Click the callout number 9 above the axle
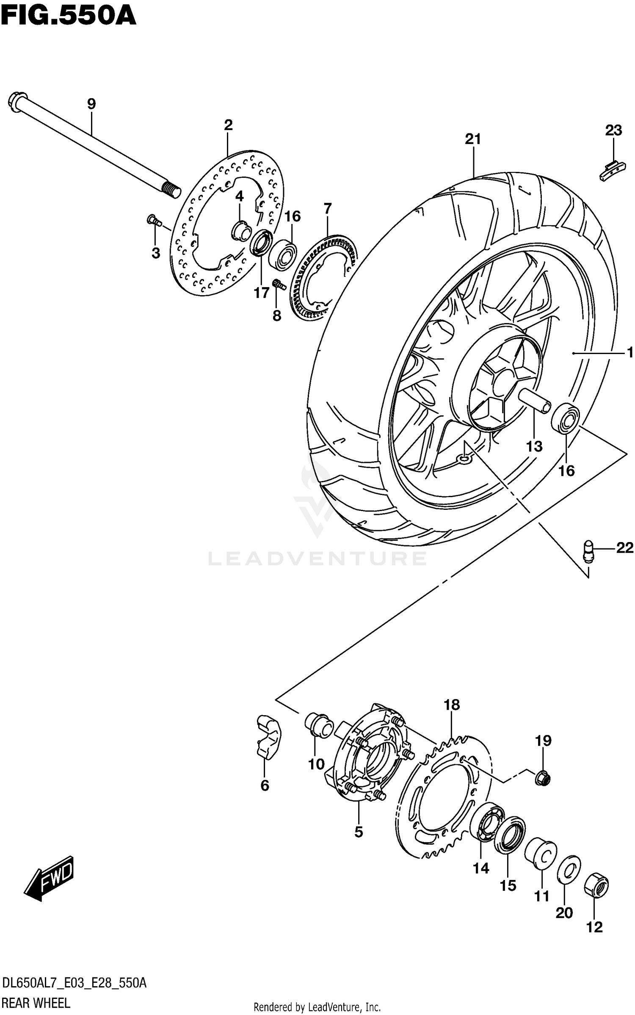coord(91,104)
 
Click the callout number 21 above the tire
coord(473,139)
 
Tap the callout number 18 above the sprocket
coord(452,705)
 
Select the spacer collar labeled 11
coord(541,852)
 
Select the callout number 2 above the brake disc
coord(228,125)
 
